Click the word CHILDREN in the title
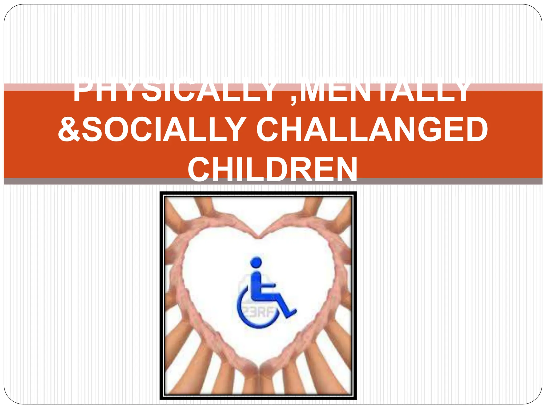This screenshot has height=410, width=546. pyautogui.click(x=272, y=169)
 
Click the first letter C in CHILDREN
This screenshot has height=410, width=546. pyautogui.click(x=200, y=169)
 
